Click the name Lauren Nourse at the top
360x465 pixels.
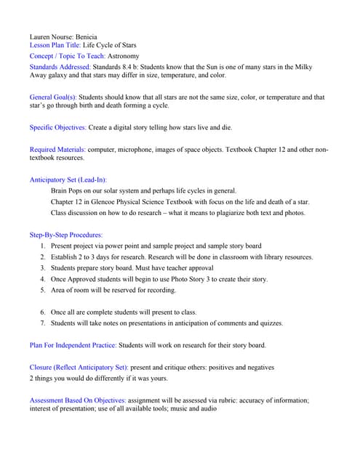tap(52, 36)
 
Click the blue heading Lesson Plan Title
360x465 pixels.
tap(55, 45)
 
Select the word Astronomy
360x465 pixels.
tap(123, 56)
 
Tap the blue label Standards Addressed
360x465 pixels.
tap(60, 67)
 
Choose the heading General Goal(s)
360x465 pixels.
tap(52, 97)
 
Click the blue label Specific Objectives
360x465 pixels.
tap(57, 128)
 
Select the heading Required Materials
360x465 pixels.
tap(57, 150)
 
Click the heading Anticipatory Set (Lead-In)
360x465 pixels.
tap(68, 179)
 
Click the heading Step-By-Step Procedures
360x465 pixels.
tap(66, 235)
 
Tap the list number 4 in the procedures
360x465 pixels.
tap(43, 279)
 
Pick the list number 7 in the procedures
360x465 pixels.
tap(43, 323)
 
